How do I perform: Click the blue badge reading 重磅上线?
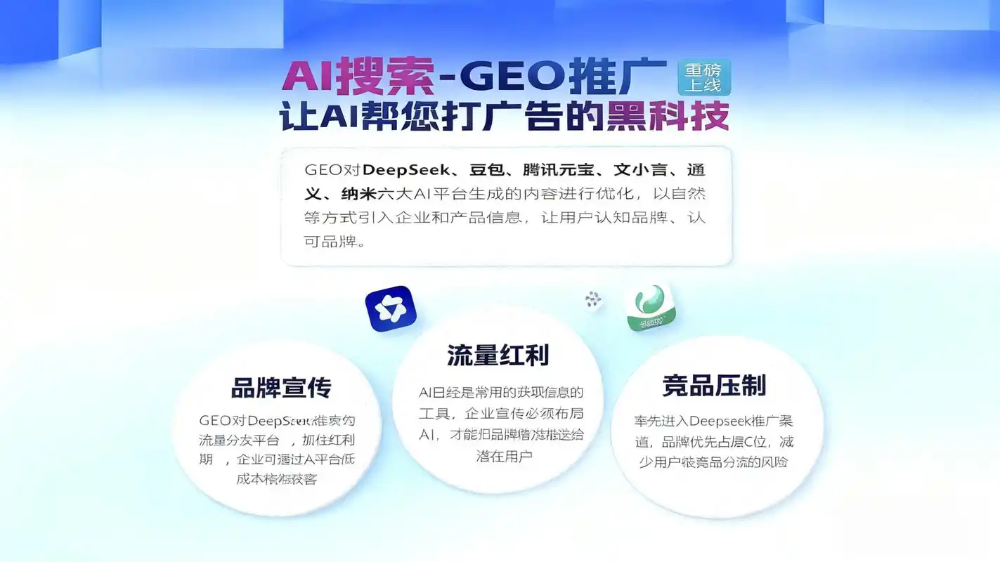pos(704,77)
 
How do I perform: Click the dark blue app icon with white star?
pos(391,309)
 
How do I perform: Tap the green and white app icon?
pos(650,307)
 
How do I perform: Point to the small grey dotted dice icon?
pos(593,300)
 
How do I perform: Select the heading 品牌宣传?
pos(281,388)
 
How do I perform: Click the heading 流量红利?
pos(498,355)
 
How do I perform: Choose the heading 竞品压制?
pos(714,386)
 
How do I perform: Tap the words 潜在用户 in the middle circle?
pos(504,456)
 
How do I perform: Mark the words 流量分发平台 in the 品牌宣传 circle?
pos(239,441)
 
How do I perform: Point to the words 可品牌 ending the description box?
pos(333,242)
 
